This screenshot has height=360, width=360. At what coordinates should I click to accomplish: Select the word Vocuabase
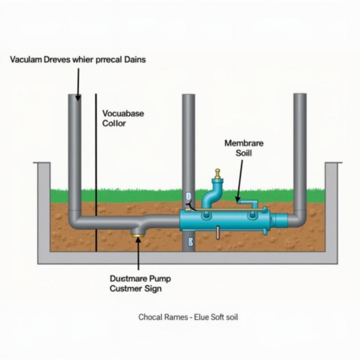pyautogui.click(x=123, y=113)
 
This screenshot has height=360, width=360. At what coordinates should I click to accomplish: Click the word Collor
pyautogui.click(x=114, y=123)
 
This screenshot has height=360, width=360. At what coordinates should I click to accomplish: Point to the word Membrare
pyautogui.click(x=244, y=143)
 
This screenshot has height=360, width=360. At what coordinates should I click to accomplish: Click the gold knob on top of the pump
pyautogui.click(x=218, y=173)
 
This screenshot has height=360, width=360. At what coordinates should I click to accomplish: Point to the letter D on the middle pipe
pyautogui.click(x=188, y=196)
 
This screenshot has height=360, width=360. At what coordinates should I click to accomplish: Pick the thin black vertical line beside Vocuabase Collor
pyautogui.click(x=96, y=171)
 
